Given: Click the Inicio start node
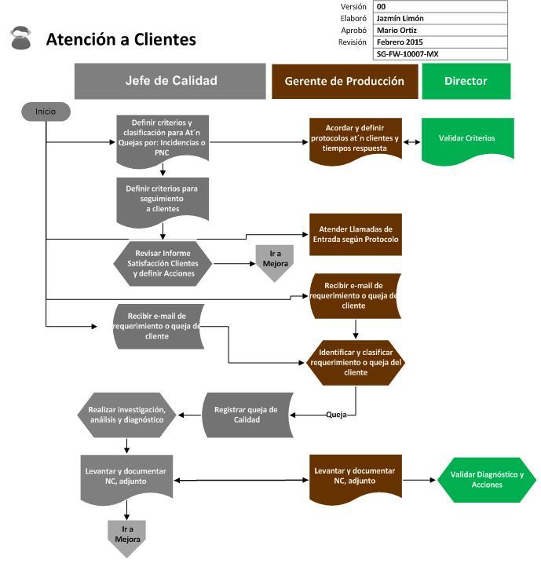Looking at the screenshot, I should coord(46,112).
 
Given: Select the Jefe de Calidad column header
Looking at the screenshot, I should coord(170,81).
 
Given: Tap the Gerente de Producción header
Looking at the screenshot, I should coord(344,81).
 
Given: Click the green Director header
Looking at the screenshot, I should coord(466,81).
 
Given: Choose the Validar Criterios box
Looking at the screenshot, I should coord(467,139).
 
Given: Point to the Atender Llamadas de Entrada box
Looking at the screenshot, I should coord(356,234).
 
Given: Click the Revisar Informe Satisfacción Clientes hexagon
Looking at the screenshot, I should coord(163,263).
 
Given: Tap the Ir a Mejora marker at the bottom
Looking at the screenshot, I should coord(126,536).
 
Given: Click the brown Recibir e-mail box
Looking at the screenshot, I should coord(356,295).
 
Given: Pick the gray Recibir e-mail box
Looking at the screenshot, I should coord(156,325).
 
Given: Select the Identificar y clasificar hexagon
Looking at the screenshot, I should coord(356,362).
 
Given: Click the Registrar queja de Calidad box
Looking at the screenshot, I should coord(246,414).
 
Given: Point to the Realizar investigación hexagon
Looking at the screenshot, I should coord(126,414).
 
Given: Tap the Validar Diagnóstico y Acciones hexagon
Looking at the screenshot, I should coord(488,479).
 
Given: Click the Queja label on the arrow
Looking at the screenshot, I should coord(336,414).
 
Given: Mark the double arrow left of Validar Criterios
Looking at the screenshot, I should coord(412,142).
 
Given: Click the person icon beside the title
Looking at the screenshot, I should coord(21,38).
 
